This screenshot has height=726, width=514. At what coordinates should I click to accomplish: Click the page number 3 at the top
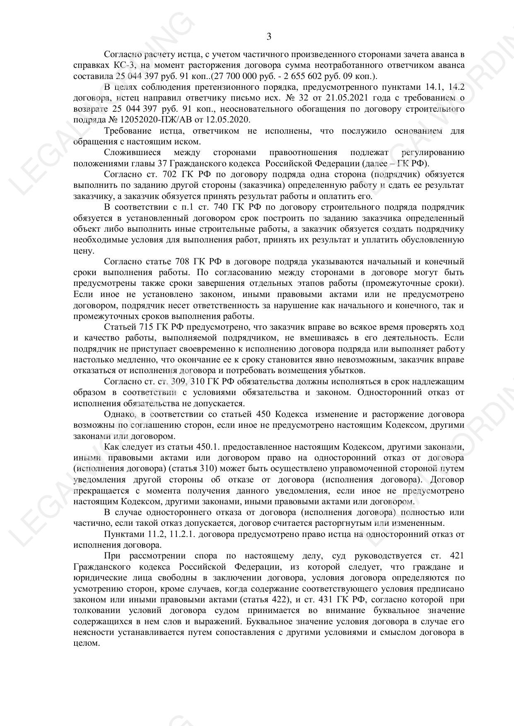click(x=269, y=37)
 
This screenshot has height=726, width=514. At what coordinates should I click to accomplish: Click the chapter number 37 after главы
click(x=156, y=163)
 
